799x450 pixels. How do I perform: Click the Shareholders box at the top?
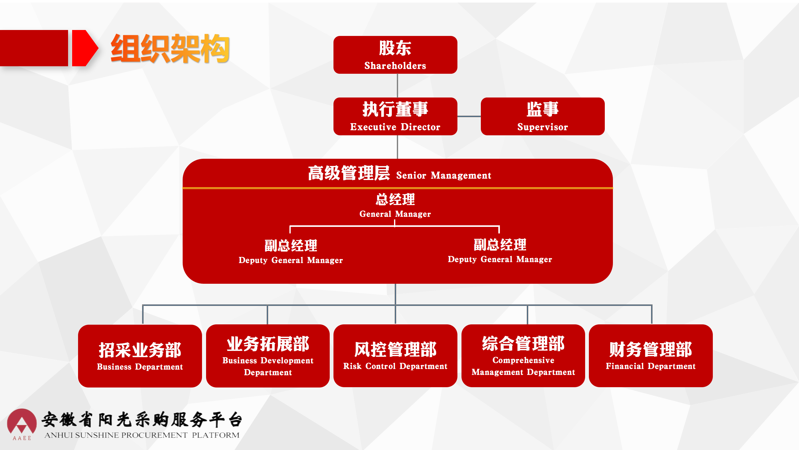pos(395,55)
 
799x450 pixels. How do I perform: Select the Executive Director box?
pos(395,116)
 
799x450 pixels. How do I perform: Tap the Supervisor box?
pos(543,116)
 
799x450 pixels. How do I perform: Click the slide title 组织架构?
pos(170,48)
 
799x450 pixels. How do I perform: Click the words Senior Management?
pos(444,175)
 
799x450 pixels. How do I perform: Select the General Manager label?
pos(395,214)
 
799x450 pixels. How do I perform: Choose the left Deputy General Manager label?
pos(291,260)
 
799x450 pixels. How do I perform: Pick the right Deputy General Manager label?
pos(500,259)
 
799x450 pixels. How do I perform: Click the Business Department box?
pos(140,356)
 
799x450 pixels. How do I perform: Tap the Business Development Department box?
pos(268,356)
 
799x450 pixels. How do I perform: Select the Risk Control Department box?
pos(395,356)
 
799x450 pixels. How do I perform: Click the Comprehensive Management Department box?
pos(523,356)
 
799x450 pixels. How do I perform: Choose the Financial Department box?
pos(651,356)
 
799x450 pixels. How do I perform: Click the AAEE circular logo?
pos(22,422)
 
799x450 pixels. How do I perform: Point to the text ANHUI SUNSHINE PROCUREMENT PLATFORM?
pos(142,435)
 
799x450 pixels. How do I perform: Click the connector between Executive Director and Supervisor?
pos(469,116)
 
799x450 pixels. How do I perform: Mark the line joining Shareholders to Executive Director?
pos(397,86)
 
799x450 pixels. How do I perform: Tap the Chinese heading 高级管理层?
pos(349,173)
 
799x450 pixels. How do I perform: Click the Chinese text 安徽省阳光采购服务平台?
pos(142,419)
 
